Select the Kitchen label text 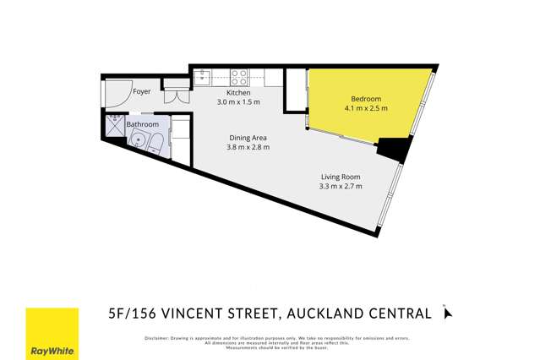tap(238, 92)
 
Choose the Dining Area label tap(248, 138)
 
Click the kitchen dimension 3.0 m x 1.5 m tap(238, 102)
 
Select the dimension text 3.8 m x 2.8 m tap(248, 148)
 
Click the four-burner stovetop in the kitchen tap(239, 78)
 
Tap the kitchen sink tap(204, 78)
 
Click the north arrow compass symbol tap(448, 314)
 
